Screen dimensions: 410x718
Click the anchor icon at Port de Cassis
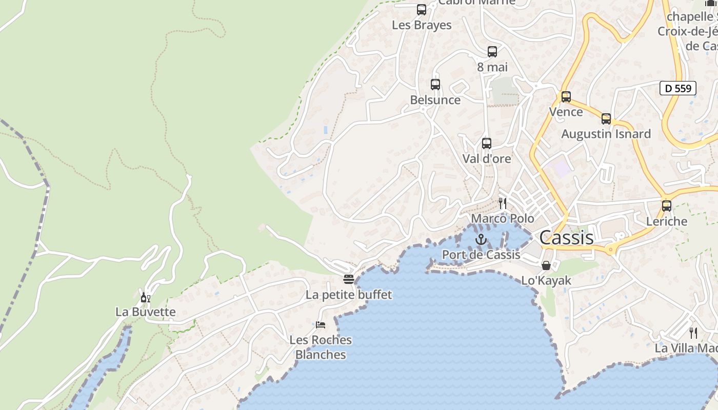(481, 239)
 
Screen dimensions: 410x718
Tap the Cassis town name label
(566, 238)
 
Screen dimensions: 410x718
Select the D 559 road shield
(677, 88)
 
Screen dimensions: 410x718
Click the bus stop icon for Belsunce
(435, 85)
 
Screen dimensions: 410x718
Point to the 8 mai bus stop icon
(492, 52)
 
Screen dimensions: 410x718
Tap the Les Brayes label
(422, 25)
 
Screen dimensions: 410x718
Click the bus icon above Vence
(566, 97)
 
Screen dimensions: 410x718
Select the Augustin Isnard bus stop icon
(606, 119)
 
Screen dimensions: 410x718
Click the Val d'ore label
(487, 159)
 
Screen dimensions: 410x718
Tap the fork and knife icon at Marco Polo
(503, 203)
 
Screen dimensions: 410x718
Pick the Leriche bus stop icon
(667, 206)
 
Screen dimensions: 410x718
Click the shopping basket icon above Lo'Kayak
(546, 265)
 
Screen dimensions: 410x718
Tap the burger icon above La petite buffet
(349, 279)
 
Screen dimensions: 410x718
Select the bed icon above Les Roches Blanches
(321, 324)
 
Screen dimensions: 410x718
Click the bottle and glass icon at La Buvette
(146, 297)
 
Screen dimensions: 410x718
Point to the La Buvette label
(146, 312)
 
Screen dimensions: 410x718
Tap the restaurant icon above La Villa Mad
(693, 333)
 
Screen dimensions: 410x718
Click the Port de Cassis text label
(481, 255)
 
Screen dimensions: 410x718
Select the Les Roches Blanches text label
(321, 347)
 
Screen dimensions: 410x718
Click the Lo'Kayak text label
(546, 281)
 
